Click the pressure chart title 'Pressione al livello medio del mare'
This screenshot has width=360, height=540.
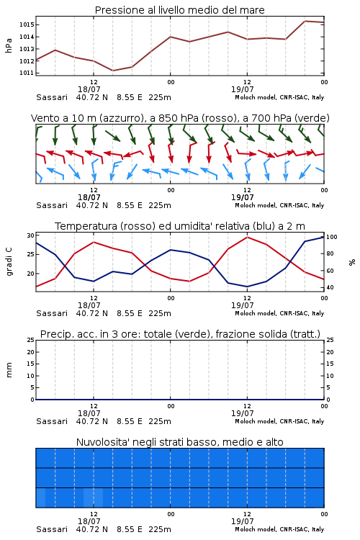point(179,10)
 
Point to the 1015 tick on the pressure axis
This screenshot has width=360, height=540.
point(27,24)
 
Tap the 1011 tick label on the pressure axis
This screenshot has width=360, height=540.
point(27,73)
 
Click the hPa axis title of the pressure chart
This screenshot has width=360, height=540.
point(9,45)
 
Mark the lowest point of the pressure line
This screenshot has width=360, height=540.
point(112,71)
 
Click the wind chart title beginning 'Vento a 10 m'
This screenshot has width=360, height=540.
point(180,118)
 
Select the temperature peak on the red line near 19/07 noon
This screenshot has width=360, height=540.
point(248,237)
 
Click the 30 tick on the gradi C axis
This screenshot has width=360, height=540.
point(31,235)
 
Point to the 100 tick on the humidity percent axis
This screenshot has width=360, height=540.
point(332,237)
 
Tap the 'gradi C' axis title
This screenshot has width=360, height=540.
point(9,262)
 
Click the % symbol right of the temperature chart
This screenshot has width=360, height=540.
point(352,262)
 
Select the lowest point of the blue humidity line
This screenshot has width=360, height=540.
point(247,287)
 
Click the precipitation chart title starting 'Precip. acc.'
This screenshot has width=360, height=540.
point(180,334)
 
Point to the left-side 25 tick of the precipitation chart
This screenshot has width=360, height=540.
point(31,340)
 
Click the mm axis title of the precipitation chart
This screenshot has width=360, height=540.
point(9,370)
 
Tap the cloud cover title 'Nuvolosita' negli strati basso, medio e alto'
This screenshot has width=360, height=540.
point(179,442)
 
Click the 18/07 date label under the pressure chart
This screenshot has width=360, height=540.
point(89,89)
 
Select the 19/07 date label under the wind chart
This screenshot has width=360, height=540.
point(242,197)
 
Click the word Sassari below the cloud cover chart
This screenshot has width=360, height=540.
point(52,529)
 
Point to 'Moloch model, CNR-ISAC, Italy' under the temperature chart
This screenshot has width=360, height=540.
point(279,313)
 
